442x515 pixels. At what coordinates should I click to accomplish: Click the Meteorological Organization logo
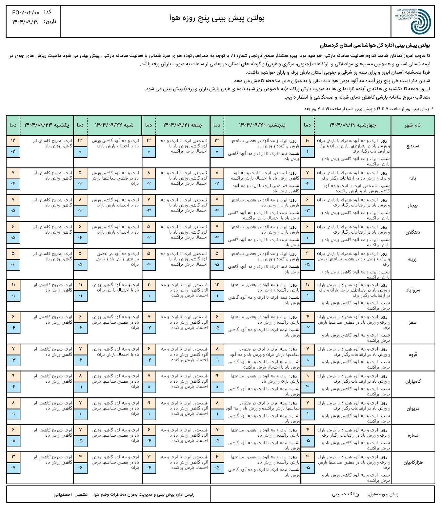click(x=413, y=21)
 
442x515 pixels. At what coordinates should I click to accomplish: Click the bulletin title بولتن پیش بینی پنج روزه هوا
click(x=217, y=18)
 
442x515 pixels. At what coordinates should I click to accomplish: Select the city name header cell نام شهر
click(x=412, y=125)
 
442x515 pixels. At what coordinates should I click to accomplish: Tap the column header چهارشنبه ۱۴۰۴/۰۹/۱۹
click(x=352, y=125)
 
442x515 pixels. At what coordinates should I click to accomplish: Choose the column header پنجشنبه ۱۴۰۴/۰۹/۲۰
click(x=262, y=125)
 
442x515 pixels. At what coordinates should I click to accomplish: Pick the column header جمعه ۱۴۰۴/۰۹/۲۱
click(x=183, y=125)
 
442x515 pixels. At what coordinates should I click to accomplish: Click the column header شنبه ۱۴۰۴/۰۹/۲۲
click(x=114, y=125)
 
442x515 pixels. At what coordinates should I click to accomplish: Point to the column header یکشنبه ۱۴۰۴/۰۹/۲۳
click(x=47, y=125)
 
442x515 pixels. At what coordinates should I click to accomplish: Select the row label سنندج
click(x=412, y=146)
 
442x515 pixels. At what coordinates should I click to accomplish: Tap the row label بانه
click(x=412, y=178)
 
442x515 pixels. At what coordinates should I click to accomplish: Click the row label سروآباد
click(x=412, y=290)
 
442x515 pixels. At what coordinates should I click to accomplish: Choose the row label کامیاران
click(x=412, y=381)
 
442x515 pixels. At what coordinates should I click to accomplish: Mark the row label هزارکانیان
click(x=412, y=462)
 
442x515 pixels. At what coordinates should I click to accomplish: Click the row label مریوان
click(x=412, y=409)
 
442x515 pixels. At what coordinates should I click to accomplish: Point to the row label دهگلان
click(x=412, y=232)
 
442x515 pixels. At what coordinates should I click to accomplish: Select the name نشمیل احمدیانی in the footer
click(x=70, y=494)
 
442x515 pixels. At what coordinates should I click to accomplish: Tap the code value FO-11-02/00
click(x=26, y=12)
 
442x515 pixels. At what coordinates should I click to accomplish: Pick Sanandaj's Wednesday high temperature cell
click(x=307, y=141)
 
